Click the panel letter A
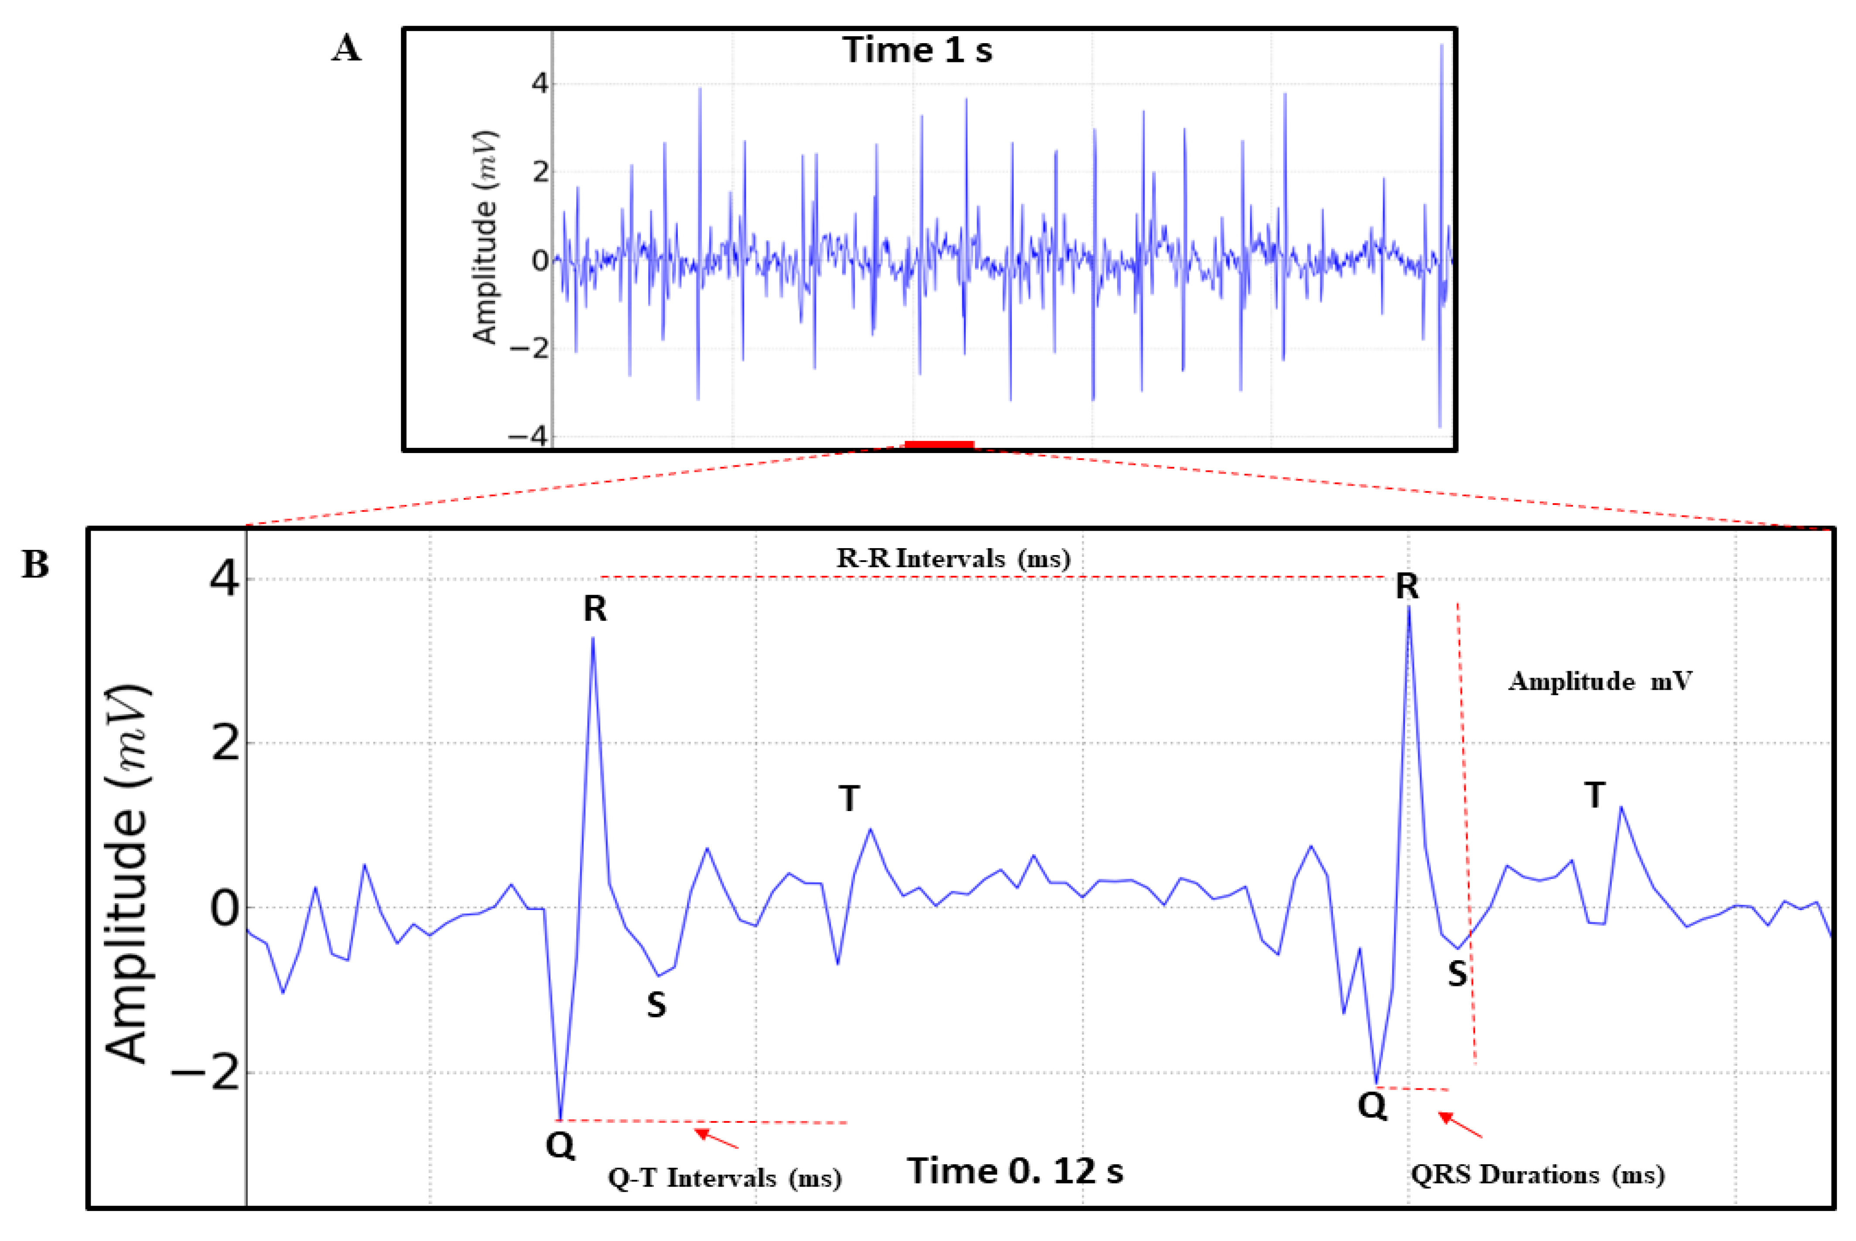(x=346, y=49)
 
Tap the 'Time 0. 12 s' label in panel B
(x=1015, y=1170)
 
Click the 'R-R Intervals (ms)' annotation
(x=953, y=559)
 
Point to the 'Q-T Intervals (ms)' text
(x=724, y=1178)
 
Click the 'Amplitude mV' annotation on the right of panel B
(x=1600, y=682)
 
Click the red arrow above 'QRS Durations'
(x=1460, y=1125)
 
